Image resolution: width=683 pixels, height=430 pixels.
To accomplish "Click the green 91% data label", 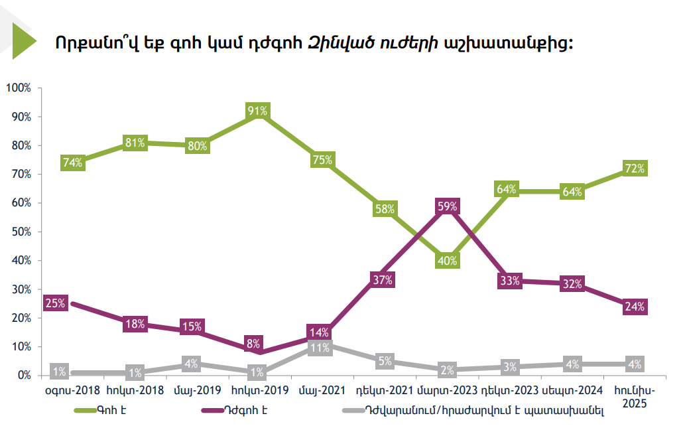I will click(x=257, y=111).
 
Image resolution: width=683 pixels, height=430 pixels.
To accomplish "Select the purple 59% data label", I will click(x=447, y=206).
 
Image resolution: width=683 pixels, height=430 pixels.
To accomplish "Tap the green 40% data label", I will click(x=447, y=261).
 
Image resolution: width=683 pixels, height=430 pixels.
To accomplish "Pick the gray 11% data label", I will click(x=320, y=348).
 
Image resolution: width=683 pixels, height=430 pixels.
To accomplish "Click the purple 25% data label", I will click(x=54, y=304).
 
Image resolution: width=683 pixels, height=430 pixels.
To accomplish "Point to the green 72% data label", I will click(x=635, y=169).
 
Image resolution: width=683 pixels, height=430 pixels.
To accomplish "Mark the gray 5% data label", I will click(x=385, y=362).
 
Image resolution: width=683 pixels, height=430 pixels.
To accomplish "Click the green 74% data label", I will click(x=72, y=163).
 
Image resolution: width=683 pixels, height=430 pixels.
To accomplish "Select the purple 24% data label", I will click(x=635, y=307).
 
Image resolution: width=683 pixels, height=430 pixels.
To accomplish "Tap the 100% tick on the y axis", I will click(x=19, y=88).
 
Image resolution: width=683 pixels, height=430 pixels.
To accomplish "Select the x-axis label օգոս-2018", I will click(x=72, y=391).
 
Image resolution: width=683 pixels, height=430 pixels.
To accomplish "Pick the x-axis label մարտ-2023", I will click(x=447, y=391).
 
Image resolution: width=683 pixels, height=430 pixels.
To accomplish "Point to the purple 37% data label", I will click(x=383, y=279).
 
